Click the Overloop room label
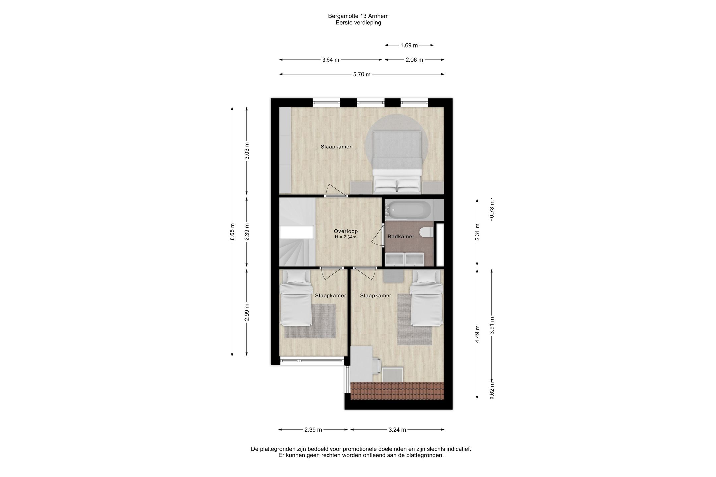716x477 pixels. pyautogui.click(x=346, y=231)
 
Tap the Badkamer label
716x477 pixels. pyautogui.click(x=401, y=237)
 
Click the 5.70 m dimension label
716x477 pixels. pyautogui.click(x=362, y=74)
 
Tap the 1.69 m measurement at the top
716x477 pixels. pyautogui.click(x=409, y=45)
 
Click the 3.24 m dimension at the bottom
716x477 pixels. pyautogui.click(x=397, y=430)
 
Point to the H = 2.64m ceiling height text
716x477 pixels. pyautogui.click(x=346, y=237)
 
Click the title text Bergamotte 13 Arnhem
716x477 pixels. pyautogui.click(x=358, y=16)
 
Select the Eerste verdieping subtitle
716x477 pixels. pyautogui.click(x=358, y=23)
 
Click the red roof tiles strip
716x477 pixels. pyautogui.click(x=397, y=391)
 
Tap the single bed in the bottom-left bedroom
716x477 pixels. pyautogui.click(x=296, y=298)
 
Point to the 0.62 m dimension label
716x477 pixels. pyautogui.click(x=492, y=391)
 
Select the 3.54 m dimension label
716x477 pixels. pyautogui.click(x=330, y=60)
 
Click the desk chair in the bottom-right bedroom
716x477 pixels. pyautogui.click(x=376, y=366)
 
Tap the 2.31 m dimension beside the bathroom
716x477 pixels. pyautogui.click(x=477, y=232)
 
